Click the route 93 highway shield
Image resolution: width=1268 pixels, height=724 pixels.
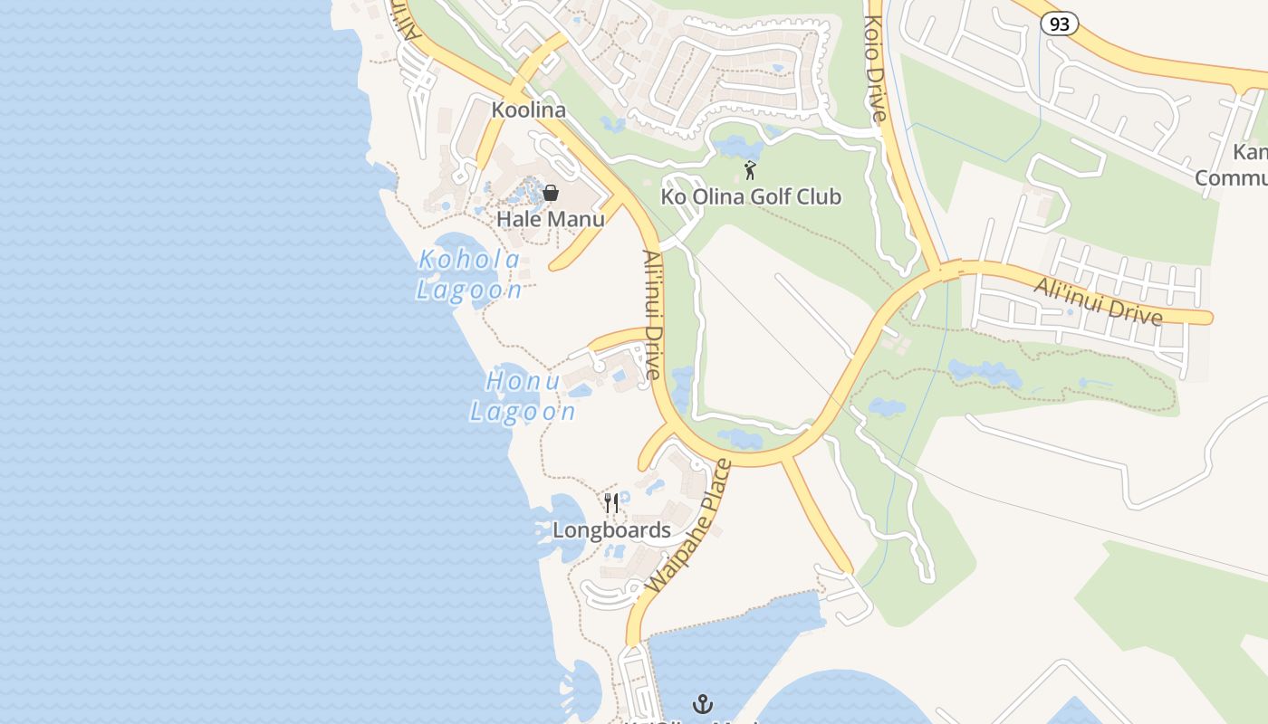[1059, 24]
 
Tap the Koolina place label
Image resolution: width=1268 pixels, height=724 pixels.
[528, 110]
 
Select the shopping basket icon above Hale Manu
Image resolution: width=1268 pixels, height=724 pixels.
[550, 193]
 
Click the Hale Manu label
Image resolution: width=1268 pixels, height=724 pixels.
[550, 219]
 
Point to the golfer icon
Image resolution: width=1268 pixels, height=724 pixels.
[750, 170]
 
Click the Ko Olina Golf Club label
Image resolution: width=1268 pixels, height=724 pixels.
[751, 196]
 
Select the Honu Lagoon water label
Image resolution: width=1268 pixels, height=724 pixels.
[523, 396]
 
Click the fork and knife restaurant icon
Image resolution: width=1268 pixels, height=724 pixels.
[612, 503]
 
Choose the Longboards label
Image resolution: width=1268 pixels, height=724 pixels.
[611, 530]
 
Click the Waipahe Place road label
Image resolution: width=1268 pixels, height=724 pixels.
[689, 527]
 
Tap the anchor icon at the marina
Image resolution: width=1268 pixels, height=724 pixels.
[703, 703]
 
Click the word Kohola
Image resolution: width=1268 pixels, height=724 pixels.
[469, 261]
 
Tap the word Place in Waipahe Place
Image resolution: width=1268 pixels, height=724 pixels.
[711, 489]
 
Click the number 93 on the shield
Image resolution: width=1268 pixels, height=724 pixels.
[1059, 24]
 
